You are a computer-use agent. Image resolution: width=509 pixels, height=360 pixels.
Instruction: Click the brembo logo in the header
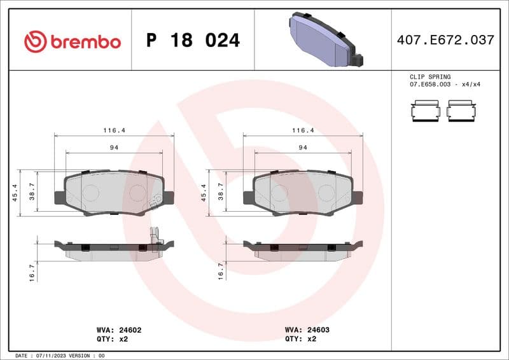point(72,41)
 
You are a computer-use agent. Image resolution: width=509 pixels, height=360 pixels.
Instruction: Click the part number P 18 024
point(193,41)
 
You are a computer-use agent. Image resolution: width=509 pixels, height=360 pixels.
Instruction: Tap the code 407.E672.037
point(445,40)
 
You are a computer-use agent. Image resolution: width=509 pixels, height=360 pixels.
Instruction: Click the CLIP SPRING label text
point(429,76)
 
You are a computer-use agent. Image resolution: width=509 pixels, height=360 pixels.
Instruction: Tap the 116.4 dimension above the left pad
point(115,130)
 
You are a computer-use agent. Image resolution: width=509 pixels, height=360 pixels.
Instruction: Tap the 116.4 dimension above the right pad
point(303,130)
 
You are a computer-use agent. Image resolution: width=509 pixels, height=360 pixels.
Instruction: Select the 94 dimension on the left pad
point(115,148)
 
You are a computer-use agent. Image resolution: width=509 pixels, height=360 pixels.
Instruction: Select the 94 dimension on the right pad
point(303,148)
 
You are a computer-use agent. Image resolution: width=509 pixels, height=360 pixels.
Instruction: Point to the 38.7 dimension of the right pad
point(221,193)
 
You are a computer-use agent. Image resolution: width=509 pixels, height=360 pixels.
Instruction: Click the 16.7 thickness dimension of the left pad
point(32,272)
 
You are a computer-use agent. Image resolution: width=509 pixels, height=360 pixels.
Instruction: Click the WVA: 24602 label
point(118,331)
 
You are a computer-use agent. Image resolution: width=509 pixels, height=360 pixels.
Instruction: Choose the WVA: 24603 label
point(307,331)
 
